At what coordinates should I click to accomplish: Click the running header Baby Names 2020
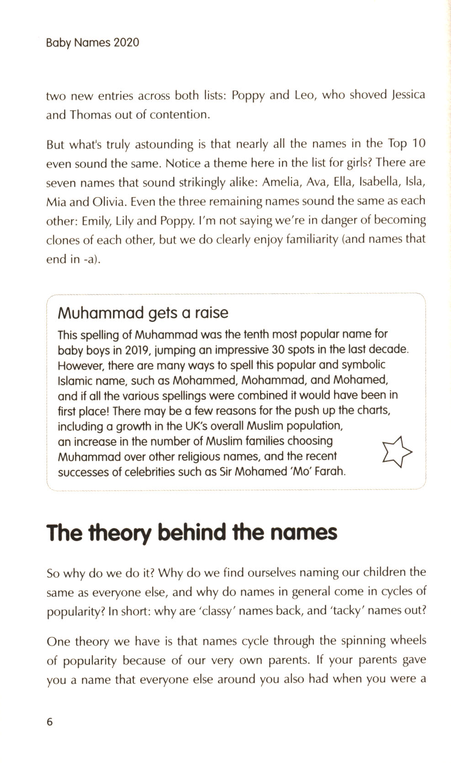coord(92,43)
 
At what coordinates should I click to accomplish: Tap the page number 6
coord(50,722)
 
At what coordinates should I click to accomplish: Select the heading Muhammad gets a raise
coord(143,313)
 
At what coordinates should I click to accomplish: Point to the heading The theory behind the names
coord(192,533)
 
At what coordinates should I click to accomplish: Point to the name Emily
coord(96,221)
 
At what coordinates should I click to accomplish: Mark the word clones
coord(62,240)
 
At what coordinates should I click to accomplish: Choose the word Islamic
coord(74,380)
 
